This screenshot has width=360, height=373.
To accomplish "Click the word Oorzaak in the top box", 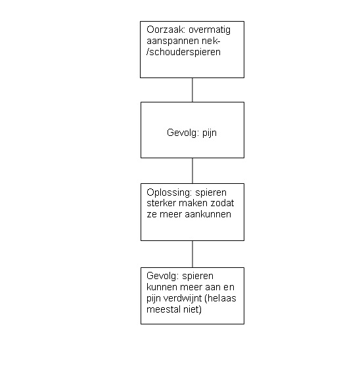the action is pyautogui.click(x=166, y=30).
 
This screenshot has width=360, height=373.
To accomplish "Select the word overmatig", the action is pyautogui.click(x=210, y=30).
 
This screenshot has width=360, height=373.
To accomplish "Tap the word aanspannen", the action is pyautogui.click(x=173, y=41).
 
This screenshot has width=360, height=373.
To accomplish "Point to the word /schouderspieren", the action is pyautogui.click(x=183, y=53).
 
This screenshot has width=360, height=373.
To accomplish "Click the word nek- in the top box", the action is pyautogui.click(x=211, y=41).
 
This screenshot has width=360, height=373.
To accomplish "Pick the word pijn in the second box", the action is pyautogui.click(x=210, y=133).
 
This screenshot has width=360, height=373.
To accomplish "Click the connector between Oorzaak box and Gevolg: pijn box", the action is pyautogui.click(x=192, y=90).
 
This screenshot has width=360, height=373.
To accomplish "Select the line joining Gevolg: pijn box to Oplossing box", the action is pyautogui.click(x=192, y=171).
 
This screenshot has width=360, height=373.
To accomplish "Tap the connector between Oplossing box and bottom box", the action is pyautogui.click(x=192, y=254).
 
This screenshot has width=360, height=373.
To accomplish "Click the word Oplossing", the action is pyautogui.click(x=169, y=193).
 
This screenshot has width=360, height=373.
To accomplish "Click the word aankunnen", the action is pyautogui.click(x=208, y=214).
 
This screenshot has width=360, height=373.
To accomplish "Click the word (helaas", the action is pyautogui.click(x=220, y=298).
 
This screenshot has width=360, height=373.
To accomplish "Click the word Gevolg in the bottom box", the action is pyautogui.click(x=162, y=276).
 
